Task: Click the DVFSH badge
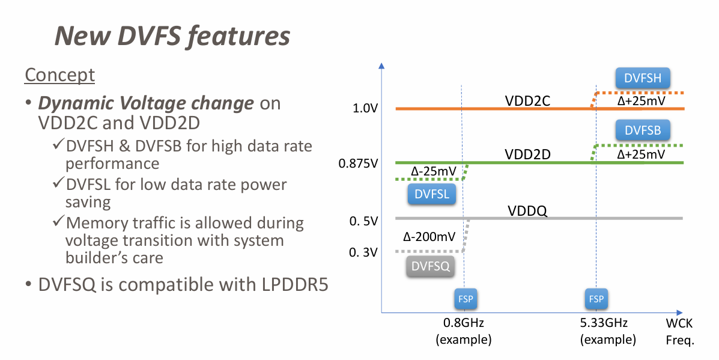click(643, 78)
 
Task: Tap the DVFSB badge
click(643, 130)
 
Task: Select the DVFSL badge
click(431, 194)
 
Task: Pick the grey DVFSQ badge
click(431, 266)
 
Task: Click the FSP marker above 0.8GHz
click(463, 299)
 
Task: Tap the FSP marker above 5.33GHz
click(596, 299)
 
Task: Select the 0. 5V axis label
click(363, 221)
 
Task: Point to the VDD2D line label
click(528, 155)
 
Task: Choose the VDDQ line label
click(527, 211)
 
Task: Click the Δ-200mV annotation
click(428, 236)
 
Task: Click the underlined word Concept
click(59, 75)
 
